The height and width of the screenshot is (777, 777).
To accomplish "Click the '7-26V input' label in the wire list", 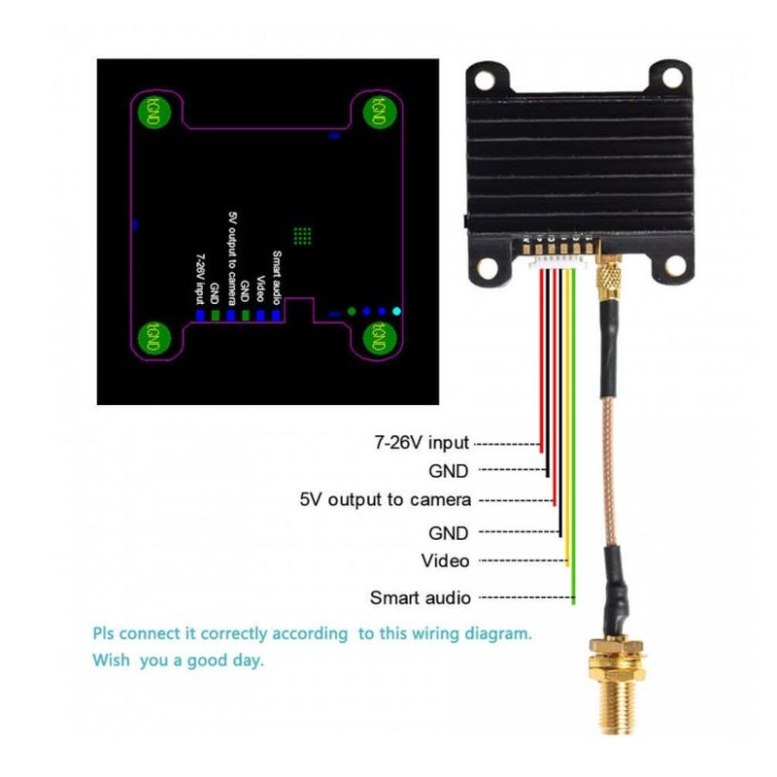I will (422, 443).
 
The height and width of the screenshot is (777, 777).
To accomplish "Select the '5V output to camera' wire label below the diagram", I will (386, 500).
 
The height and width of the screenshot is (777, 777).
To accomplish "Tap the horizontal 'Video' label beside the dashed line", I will (445, 560).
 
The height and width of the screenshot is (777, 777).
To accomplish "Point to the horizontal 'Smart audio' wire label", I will (421, 597).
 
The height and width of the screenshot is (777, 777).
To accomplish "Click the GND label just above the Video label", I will (448, 532).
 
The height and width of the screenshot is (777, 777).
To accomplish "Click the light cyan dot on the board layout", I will (396, 312).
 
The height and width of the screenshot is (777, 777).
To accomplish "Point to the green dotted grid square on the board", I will (302, 235).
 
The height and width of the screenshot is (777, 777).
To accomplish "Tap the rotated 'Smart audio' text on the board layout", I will (277, 278).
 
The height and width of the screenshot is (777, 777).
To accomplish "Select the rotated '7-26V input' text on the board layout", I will (200, 278).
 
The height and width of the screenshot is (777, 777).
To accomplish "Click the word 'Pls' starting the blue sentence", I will (104, 633).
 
